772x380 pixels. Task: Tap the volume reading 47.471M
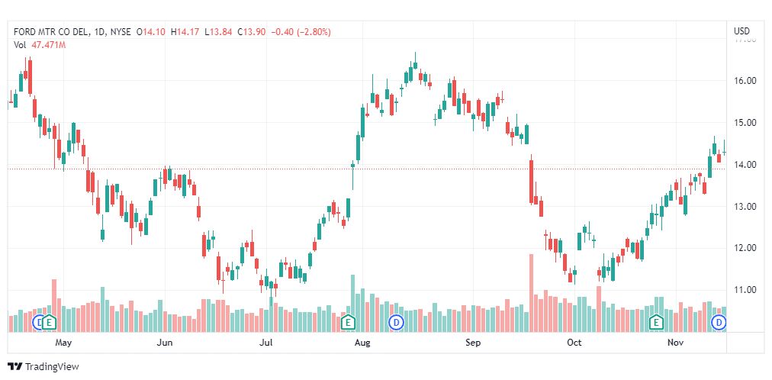(x=47, y=45)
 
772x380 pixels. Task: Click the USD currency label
(x=741, y=31)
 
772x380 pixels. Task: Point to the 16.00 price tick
(x=745, y=81)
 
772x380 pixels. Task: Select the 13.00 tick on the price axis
(x=745, y=207)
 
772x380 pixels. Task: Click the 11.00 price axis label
(x=745, y=290)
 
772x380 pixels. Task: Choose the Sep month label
(x=473, y=343)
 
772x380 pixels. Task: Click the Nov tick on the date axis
(x=675, y=343)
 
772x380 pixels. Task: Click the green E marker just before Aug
(x=348, y=322)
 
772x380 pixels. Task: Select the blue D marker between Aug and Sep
(x=396, y=322)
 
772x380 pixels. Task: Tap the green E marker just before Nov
(x=655, y=322)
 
